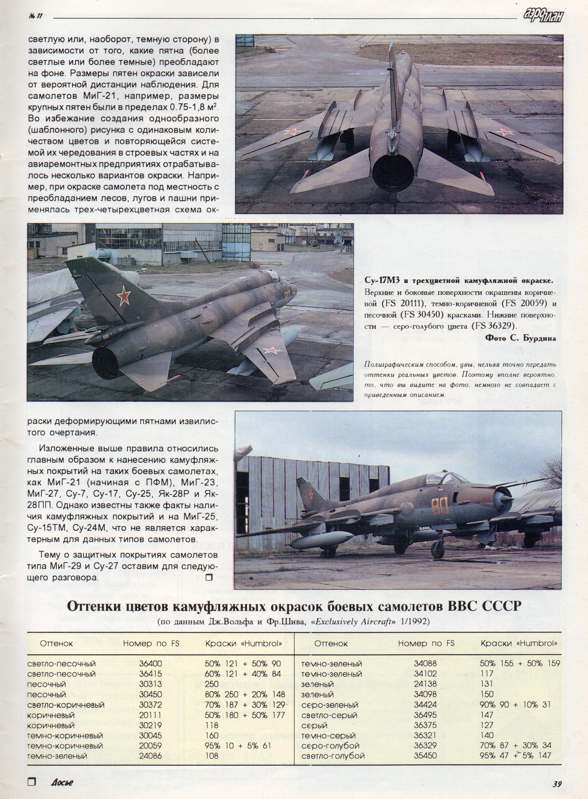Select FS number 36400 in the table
(150, 663)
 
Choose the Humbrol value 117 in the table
(487, 673)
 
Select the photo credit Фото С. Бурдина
(520, 338)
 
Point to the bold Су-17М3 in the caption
(382, 281)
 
